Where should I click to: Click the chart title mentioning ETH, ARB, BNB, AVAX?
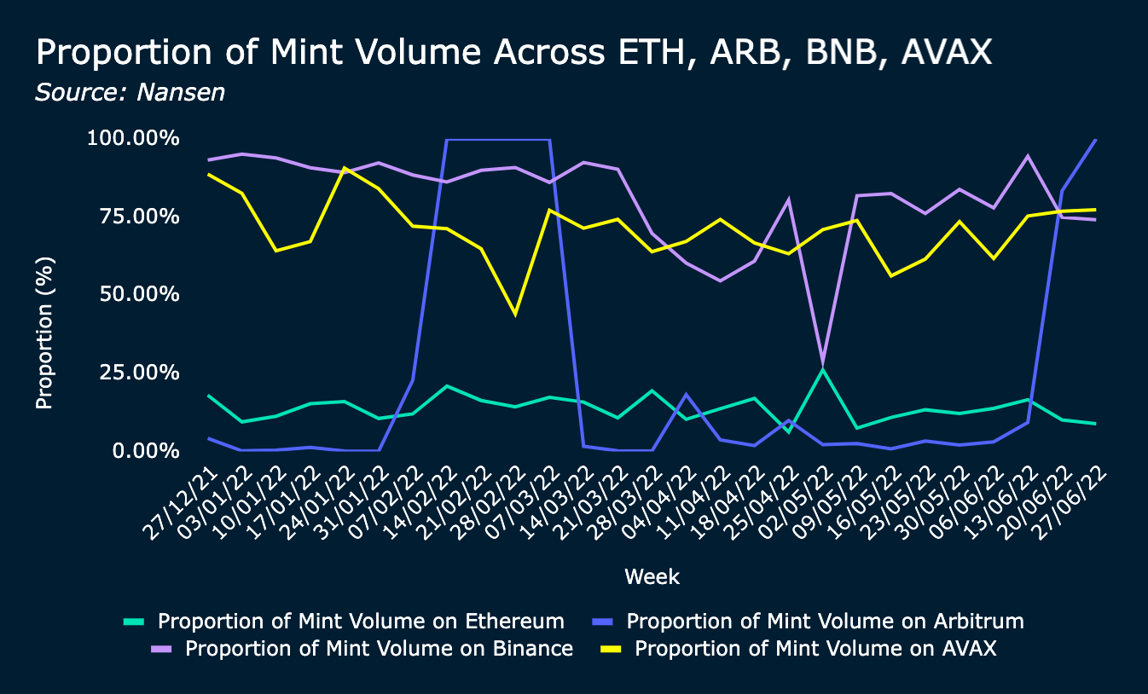pyautogui.click(x=513, y=53)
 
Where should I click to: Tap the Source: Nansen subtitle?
pyautogui.click(x=130, y=92)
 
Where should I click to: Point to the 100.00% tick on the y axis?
pyautogui.click(x=133, y=138)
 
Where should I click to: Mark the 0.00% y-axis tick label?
pyautogui.click(x=142, y=450)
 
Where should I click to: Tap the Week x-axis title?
pyautogui.click(x=652, y=577)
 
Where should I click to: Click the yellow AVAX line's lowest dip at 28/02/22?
pyautogui.click(x=515, y=314)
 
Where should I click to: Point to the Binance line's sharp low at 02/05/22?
pyautogui.click(x=823, y=364)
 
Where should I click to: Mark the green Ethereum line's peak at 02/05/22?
pyautogui.click(x=823, y=369)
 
